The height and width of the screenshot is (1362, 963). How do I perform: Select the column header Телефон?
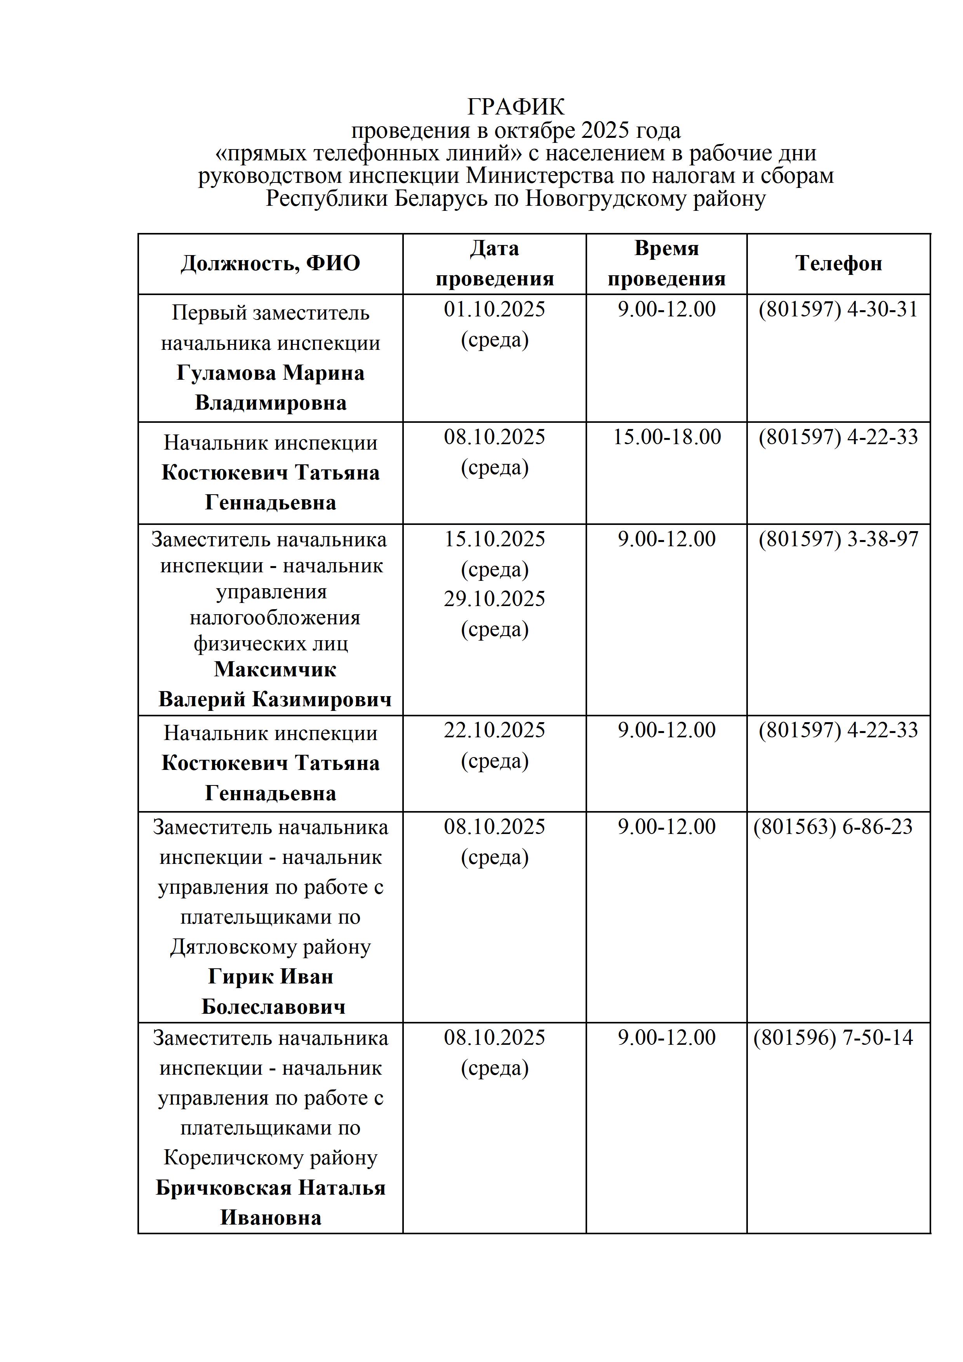point(838,263)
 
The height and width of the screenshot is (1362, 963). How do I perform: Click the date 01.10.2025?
point(494,310)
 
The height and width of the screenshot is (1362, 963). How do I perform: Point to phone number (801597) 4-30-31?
point(838,310)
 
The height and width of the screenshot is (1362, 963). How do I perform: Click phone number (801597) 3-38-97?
point(838,539)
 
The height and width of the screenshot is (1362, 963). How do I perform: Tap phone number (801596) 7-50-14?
point(833,1037)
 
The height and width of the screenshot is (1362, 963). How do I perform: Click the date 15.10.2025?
point(494,539)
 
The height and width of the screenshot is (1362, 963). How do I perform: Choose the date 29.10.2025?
point(494,599)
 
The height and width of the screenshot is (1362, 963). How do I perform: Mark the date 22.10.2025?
point(494,730)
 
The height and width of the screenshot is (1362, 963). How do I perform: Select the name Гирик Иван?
point(271,976)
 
